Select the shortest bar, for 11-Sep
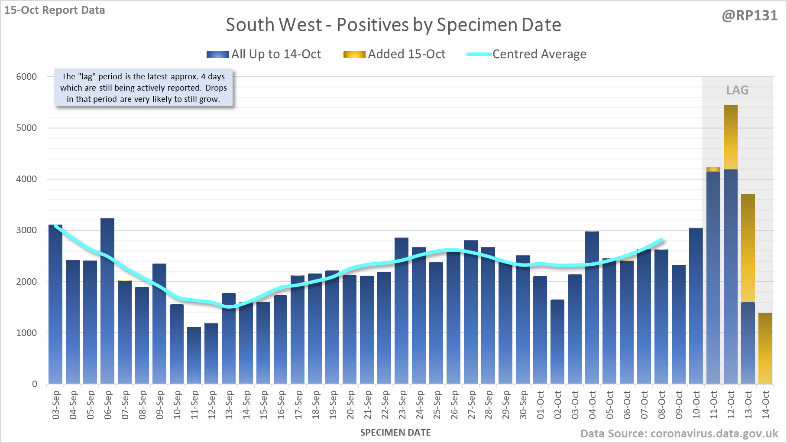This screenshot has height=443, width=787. (194, 355)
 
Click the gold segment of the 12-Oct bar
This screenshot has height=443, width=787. (731, 137)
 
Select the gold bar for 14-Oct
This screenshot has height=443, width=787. (765, 349)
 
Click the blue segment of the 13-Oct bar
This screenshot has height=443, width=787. (748, 342)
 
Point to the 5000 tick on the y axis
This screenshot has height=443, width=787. (26, 128)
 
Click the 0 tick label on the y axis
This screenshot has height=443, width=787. (35, 384)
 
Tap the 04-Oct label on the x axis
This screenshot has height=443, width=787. (592, 405)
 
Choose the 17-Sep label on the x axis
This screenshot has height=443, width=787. (298, 405)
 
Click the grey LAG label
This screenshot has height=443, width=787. (737, 90)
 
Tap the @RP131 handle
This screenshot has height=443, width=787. (749, 16)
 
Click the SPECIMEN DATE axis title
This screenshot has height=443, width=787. (395, 433)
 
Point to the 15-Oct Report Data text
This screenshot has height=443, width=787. (55, 10)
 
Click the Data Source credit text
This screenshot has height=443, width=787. (679, 433)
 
